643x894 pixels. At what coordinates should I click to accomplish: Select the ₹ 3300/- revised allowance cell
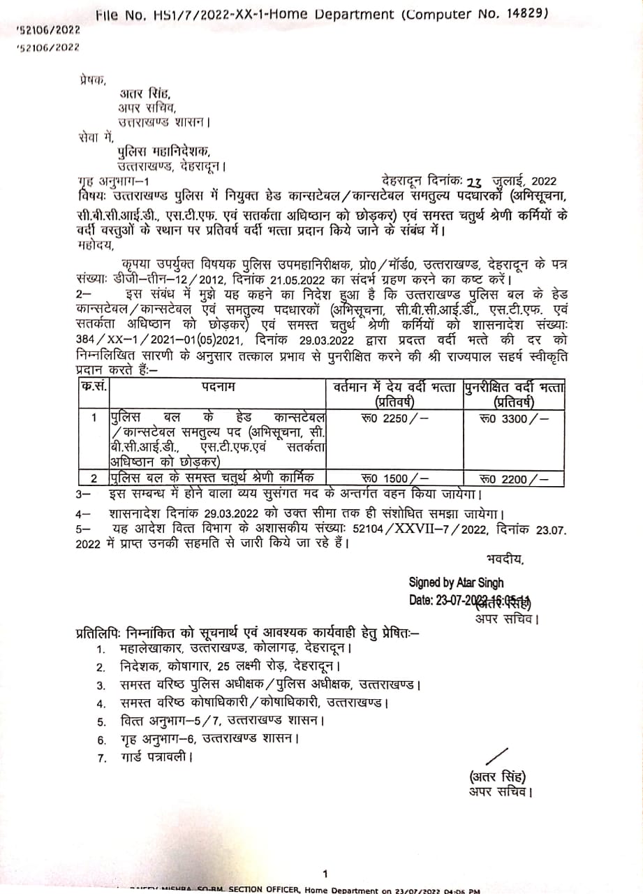coord(514,419)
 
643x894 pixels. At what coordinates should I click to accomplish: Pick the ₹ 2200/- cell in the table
coord(514,478)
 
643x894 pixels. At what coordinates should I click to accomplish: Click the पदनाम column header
coord(219,386)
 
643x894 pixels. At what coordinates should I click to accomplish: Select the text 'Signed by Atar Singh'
coord(456,582)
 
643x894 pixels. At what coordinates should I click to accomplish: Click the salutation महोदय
coord(95,245)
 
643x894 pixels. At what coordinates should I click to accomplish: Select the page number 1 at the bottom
coord(325,873)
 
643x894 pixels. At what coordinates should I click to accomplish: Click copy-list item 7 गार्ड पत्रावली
coord(150,756)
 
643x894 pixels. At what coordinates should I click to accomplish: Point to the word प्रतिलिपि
coord(97,633)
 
